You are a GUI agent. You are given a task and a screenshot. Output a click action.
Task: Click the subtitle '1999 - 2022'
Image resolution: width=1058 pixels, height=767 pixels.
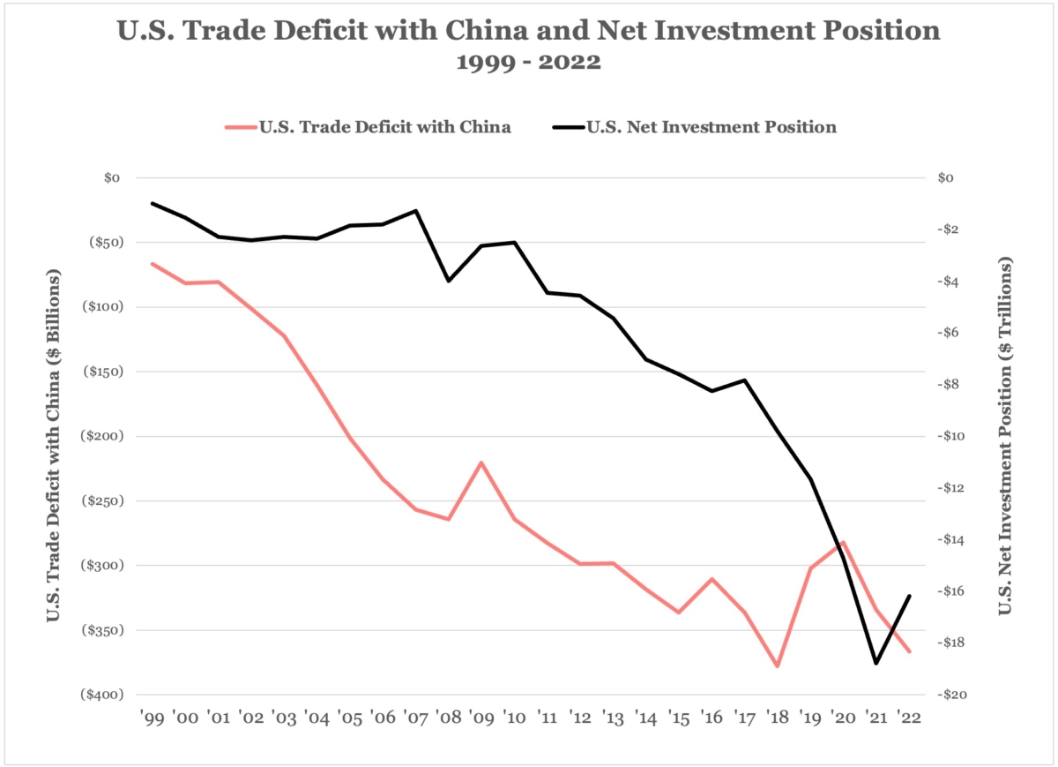tap(528, 63)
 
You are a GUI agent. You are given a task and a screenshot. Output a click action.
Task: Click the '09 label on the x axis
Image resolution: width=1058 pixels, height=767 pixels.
tap(481, 717)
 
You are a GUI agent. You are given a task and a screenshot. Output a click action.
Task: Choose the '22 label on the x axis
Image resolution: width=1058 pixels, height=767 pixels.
tap(909, 717)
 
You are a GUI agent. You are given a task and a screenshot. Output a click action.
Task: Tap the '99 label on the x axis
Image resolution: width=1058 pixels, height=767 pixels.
tap(152, 717)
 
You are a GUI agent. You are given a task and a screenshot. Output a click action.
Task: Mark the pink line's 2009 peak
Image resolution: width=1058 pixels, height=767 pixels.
tap(481, 462)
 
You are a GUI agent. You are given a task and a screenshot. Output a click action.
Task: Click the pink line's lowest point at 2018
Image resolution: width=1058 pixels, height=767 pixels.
tap(778, 666)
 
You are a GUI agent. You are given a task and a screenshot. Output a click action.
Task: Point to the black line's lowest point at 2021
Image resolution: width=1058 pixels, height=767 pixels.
tap(875, 663)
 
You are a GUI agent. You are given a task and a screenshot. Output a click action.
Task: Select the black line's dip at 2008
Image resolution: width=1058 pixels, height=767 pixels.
tap(449, 281)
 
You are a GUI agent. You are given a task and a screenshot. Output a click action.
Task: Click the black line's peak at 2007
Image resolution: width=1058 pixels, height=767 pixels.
tap(415, 210)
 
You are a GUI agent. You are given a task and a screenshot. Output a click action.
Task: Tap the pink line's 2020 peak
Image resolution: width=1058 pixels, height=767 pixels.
tap(844, 542)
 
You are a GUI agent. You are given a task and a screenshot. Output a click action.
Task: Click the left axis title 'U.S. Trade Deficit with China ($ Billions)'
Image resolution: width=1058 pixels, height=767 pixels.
tap(54, 436)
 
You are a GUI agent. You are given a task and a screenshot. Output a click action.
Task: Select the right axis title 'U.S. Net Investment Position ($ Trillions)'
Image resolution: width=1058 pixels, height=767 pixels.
tap(1004, 436)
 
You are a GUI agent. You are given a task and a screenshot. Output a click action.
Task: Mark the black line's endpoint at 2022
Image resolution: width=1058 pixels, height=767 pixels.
tap(909, 596)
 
